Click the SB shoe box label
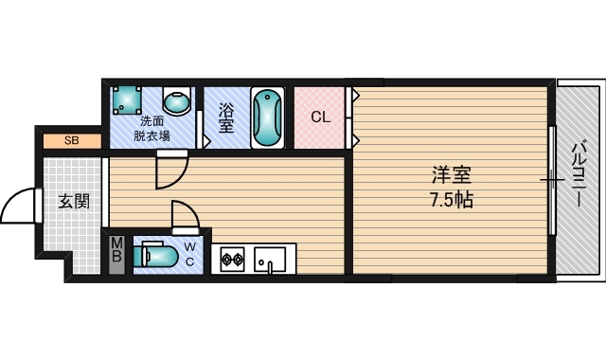point(72,140)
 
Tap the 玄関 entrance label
point(74,202)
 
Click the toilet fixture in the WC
point(155,255)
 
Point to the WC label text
point(189,254)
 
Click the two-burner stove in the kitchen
point(232,259)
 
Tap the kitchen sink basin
point(270,261)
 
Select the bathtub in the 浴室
point(267,117)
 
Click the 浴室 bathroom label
point(226,117)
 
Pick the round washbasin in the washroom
point(177,100)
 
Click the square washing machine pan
point(126,100)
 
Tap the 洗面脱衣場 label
point(151,129)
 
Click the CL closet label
point(321,117)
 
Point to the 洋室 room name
point(452,174)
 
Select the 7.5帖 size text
point(452,200)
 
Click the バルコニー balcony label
point(579,174)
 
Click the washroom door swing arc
point(181,179)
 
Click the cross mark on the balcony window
point(552,180)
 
